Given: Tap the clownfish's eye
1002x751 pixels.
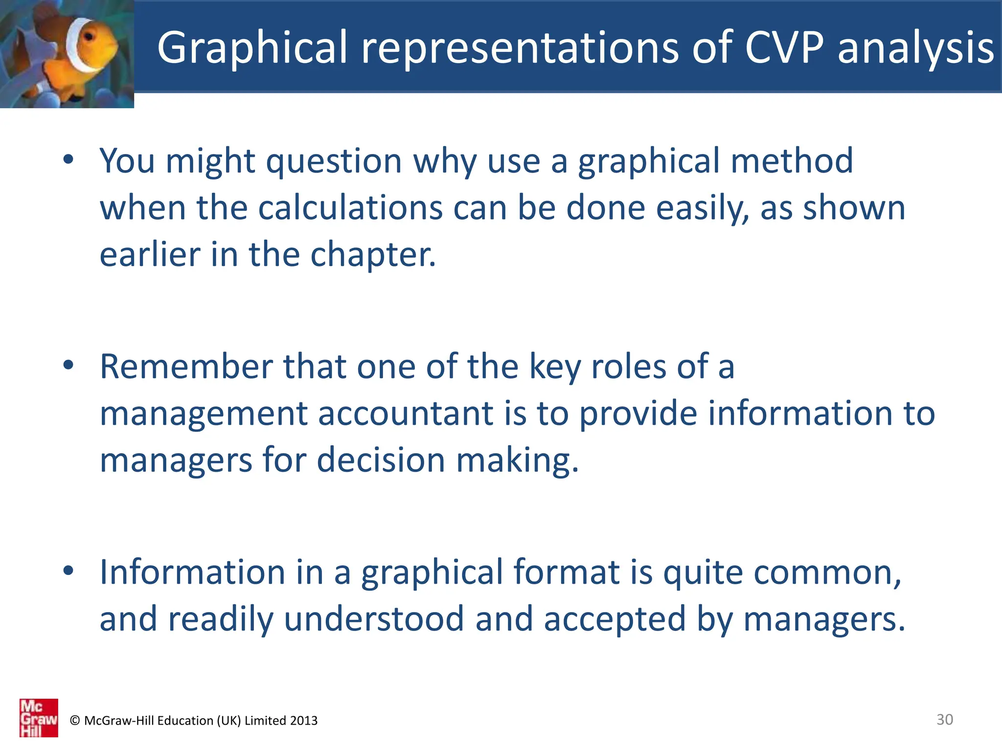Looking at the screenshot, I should point(90,37).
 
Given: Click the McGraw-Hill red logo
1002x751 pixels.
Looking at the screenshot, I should point(39,718).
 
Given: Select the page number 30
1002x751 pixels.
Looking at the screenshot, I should point(944,719).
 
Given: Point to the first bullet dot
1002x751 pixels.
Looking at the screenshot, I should point(68,159).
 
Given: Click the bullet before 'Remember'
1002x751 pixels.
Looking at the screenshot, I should point(68,365).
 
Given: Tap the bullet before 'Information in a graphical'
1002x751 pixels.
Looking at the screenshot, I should point(68,570).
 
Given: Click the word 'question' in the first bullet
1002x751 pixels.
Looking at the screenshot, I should point(334,161).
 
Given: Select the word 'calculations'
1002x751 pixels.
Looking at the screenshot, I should point(350,208).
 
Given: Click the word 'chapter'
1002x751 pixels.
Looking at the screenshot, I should point(372,255).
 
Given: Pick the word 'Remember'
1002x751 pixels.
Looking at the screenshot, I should point(186,366).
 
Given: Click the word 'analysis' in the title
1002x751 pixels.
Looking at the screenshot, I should point(915,47).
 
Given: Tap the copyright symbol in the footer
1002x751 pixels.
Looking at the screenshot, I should point(75,721).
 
